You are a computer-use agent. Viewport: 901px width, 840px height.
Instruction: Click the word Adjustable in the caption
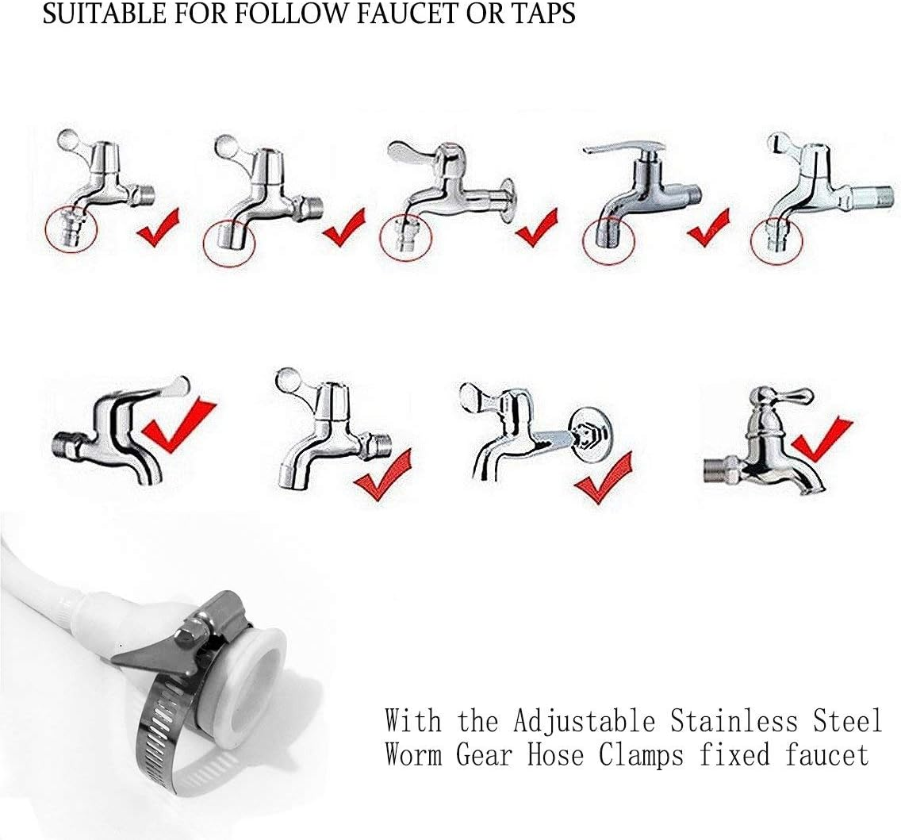point(583,722)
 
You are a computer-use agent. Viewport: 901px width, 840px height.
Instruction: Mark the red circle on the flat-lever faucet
point(608,239)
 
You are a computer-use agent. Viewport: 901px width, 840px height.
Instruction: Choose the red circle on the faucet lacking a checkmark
point(776,239)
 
